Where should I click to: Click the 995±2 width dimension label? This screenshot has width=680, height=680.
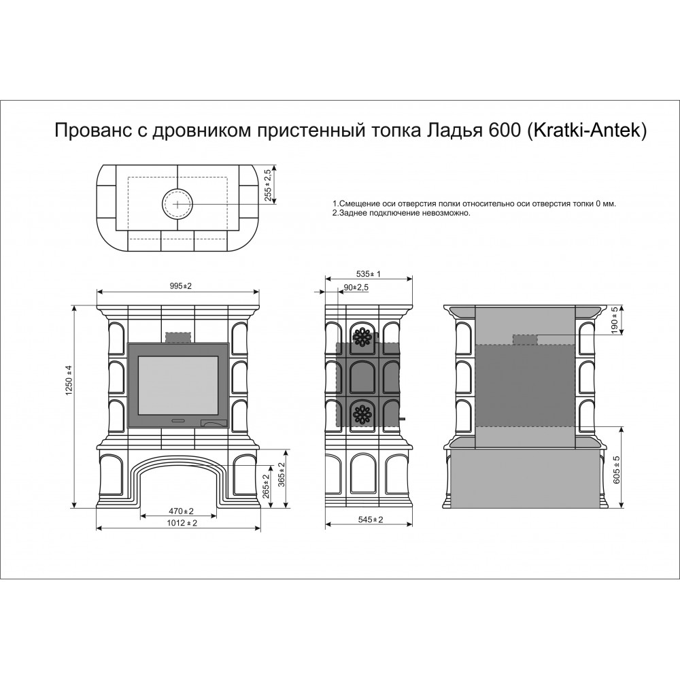pos(180,286)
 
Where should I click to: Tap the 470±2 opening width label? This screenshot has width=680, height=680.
pos(182,511)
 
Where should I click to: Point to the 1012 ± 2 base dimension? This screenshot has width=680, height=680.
pos(182,523)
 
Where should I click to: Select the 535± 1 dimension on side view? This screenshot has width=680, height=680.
pos(368,273)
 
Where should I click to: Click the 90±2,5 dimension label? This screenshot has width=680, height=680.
pos(356,287)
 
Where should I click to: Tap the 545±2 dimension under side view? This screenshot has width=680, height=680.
pos(371,520)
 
